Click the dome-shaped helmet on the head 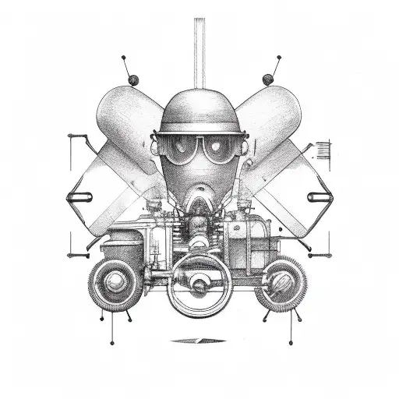tap(199, 109)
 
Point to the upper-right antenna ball tap(268, 78)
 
